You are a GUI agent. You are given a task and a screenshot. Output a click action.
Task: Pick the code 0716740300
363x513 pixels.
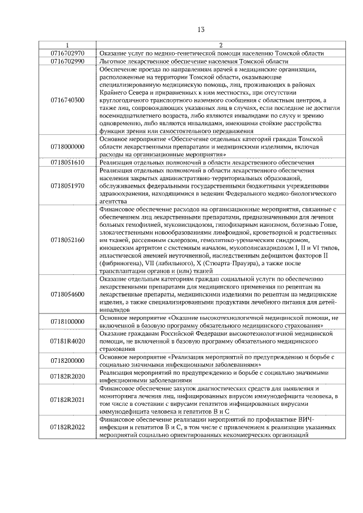pos(67,100)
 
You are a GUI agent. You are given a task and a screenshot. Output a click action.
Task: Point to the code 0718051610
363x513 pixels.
pos(67,162)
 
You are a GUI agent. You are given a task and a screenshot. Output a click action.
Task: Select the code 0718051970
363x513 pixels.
pos(67,185)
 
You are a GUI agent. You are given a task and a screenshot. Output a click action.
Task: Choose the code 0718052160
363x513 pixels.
pos(67,240)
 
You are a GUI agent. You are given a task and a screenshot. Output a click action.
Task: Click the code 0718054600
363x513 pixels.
pos(67,294)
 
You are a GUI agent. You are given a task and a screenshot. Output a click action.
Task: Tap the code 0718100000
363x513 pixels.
pos(67,321)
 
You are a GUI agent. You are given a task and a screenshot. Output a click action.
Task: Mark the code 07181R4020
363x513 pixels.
pos(67,342)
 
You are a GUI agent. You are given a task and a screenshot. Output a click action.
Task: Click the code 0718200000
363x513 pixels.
pos(67,361)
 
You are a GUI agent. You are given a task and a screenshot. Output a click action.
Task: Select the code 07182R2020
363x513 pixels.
pos(67,376)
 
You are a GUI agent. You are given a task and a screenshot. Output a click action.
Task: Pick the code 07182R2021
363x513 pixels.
pos(67,400)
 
